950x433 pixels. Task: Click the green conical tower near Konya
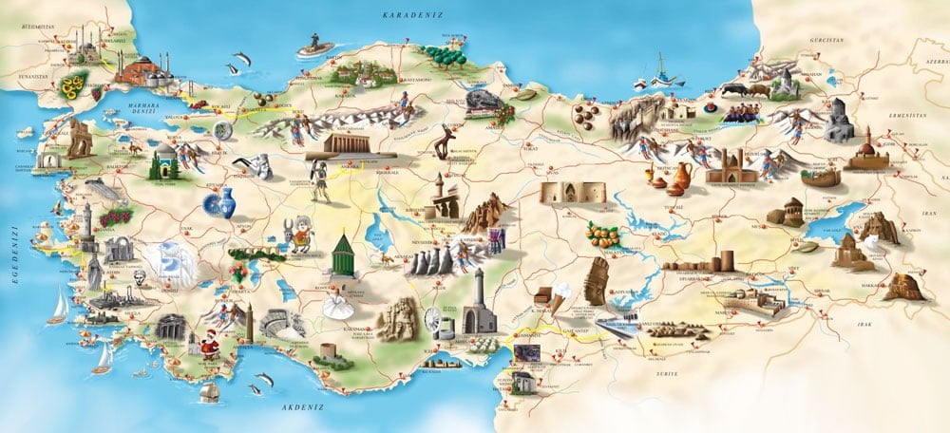(x=343, y=254)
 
